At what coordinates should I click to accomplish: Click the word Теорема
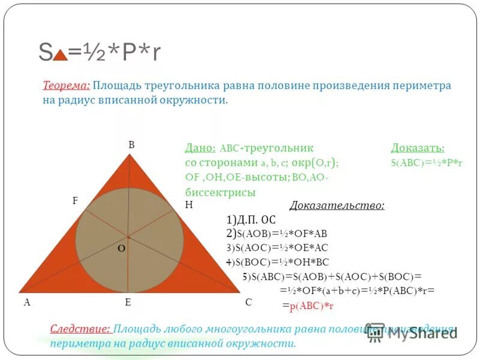66,85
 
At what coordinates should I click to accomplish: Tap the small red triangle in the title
59,55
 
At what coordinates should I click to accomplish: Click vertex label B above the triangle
131,145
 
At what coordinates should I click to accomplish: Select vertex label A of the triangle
27,302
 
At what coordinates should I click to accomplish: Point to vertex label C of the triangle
248,302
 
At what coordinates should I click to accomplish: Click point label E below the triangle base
128,302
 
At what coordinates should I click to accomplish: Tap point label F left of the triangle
75,201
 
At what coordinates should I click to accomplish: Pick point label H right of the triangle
188,205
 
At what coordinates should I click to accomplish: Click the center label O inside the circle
121,248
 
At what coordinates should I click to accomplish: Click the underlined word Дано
200,148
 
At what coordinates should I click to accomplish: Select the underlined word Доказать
418,148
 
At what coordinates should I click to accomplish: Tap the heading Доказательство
337,206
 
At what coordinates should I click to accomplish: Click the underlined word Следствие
80,329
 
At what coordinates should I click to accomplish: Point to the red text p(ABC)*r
311,306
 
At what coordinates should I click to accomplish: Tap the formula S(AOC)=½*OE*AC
277,248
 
